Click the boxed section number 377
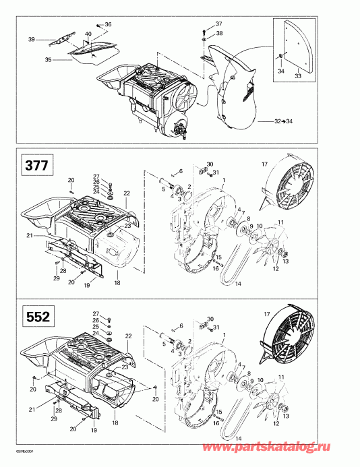tap(34, 165)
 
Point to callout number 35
tap(48, 59)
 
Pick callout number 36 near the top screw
tap(109, 24)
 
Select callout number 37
tap(218, 24)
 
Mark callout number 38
tap(218, 33)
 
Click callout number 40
tap(88, 34)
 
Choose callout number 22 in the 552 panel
tap(127, 336)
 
